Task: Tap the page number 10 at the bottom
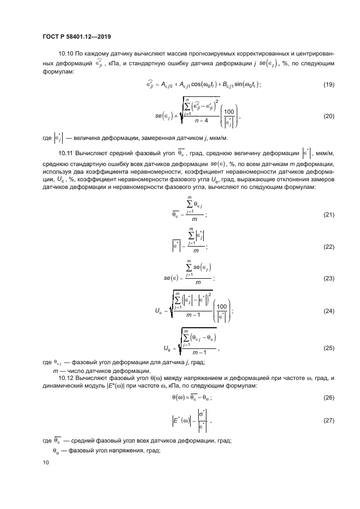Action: coord(46,462)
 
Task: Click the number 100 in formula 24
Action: coord(222,306)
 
